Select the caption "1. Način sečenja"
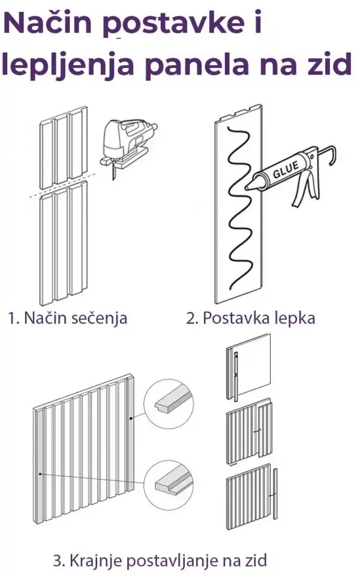(x=67, y=318)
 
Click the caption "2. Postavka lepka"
(x=250, y=318)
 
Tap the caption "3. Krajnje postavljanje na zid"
(x=160, y=561)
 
